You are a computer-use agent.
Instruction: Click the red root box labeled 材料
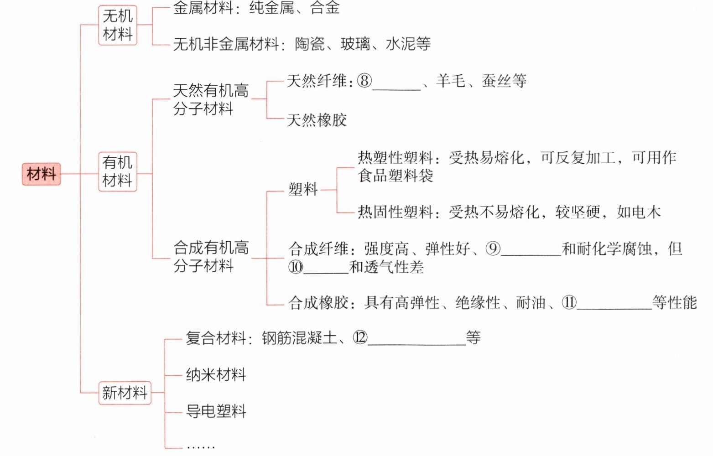tap(41, 174)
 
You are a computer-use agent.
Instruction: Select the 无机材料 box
tap(118, 25)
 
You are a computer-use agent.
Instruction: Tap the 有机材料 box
tap(118, 171)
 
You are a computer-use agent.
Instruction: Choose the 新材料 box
tap(125, 393)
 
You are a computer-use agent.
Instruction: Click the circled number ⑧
tap(364, 81)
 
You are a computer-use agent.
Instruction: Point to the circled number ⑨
tap(493, 249)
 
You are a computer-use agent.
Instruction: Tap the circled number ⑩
tap(296, 267)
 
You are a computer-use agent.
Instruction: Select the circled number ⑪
tap(569, 302)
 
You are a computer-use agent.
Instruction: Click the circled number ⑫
tap(360, 338)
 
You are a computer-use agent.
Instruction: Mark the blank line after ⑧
tap(396, 87)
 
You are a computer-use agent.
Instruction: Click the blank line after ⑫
tap(416, 343)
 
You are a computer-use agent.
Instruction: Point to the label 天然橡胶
tap(317, 120)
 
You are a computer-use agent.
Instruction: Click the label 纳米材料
tap(216, 375)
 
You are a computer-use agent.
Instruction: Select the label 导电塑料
tap(216, 411)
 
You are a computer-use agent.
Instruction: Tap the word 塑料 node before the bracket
tap(303, 189)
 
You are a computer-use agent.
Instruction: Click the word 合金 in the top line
tap(325, 8)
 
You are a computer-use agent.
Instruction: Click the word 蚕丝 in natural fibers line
tap(496, 81)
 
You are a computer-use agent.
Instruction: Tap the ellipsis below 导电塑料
tap(201, 447)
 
